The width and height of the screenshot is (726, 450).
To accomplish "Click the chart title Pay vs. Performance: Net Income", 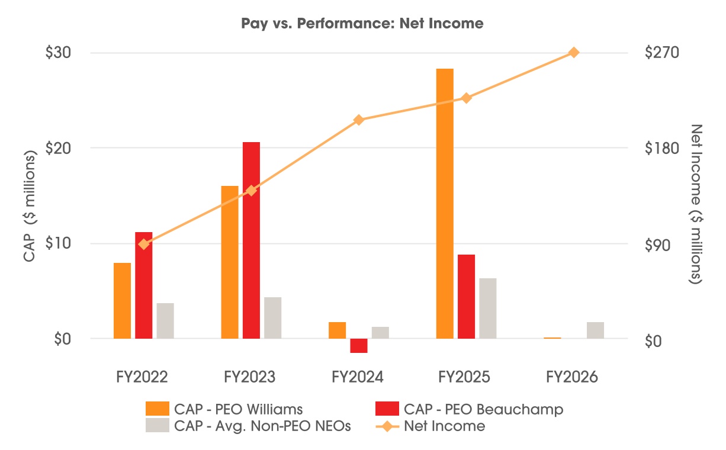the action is [x=362, y=24].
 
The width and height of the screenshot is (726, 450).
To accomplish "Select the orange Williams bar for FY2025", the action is [x=445, y=204].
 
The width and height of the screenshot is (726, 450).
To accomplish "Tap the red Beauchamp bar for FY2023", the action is [x=251, y=240].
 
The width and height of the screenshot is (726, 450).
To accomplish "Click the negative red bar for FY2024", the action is [x=359, y=346].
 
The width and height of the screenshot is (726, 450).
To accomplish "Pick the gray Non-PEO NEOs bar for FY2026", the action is [x=595, y=330].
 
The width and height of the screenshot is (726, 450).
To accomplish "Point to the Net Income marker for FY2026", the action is [x=574, y=52].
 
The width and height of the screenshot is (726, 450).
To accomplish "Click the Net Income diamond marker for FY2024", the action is [x=358, y=120].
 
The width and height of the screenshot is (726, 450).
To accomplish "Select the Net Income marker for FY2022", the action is [x=143, y=244].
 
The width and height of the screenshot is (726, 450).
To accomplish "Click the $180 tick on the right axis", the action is [x=662, y=148].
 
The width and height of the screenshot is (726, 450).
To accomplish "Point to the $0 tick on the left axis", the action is [x=63, y=339].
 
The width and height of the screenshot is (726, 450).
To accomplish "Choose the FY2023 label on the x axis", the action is [x=249, y=377].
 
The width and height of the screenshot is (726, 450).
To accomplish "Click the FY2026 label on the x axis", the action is [x=571, y=377].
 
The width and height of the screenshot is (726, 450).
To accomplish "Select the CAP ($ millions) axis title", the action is [x=30, y=205].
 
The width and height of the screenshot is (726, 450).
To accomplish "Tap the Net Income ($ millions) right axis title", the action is [x=696, y=204].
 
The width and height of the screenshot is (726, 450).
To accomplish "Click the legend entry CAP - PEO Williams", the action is [x=224, y=409].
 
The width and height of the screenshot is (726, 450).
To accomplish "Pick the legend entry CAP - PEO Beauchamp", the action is [x=470, y=409].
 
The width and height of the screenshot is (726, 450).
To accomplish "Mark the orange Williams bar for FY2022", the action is [x=122, y=301].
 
